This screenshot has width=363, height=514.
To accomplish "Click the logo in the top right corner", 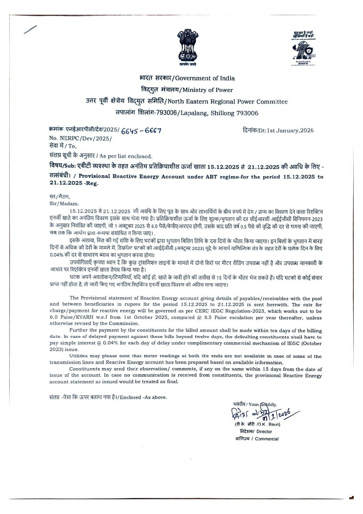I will (304, 47).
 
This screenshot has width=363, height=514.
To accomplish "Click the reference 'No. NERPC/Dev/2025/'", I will (81, 139).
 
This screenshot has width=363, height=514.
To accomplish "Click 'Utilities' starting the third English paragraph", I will (79, 356).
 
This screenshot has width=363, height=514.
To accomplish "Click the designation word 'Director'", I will (264, 432).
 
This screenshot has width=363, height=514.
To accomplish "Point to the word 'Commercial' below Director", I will (267, 439).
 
